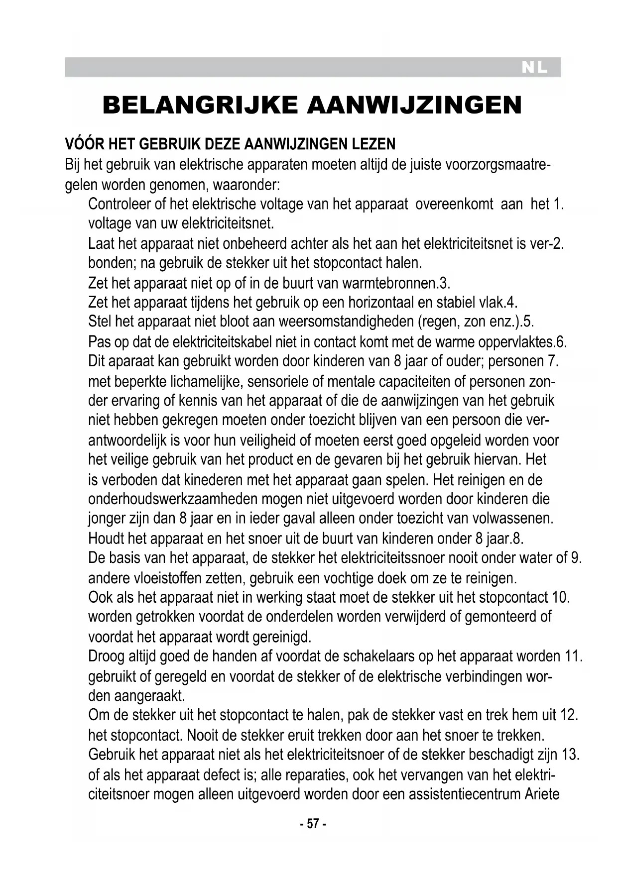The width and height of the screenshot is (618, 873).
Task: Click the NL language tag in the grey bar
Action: (x=534, y=68)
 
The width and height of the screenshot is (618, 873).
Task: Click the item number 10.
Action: (x=561, y=597)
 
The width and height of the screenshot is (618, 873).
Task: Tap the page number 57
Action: (x=313, y=824)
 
